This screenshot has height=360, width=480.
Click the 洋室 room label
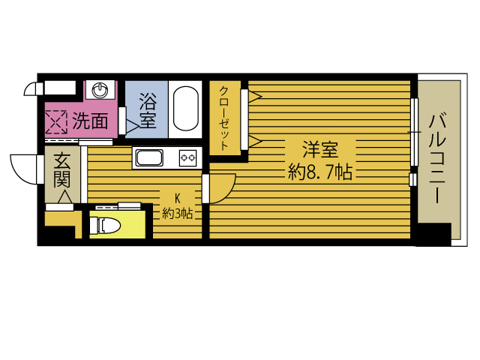point(320,149)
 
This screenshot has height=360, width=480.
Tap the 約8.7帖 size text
point(320,172)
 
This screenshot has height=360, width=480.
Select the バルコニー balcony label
point(437,158)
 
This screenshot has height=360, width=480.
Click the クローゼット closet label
point(224,118)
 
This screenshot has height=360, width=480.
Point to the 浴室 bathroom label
point(148,110)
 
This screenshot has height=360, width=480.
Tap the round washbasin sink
point(100,90)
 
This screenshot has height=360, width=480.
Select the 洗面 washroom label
point(90,121)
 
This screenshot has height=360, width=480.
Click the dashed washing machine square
point(56,122)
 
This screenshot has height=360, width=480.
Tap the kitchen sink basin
point(149,157)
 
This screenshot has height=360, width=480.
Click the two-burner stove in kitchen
point(187,158)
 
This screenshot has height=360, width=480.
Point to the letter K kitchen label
point(178,198)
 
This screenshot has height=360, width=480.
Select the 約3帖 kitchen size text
point(178,214)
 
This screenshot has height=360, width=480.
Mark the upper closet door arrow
point(255,96)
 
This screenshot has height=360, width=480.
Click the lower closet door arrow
point(255,142)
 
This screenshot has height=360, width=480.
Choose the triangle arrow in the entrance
point(65,196)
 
